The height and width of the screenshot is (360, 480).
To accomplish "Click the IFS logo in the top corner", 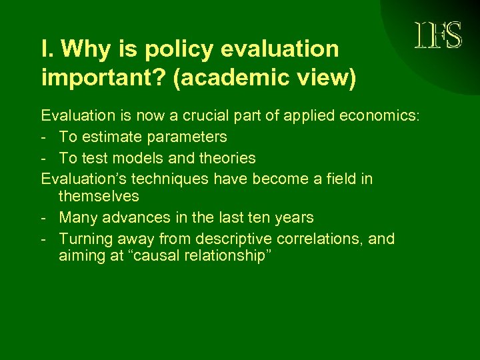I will tap(437, 35).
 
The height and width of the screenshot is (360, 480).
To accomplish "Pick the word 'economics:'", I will tap(381, 115).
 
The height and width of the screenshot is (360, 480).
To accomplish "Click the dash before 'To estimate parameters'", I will tap(44, 137).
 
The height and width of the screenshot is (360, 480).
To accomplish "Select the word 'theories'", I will tap(224, 158).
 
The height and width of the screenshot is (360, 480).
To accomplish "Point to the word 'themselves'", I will tap(99, 196).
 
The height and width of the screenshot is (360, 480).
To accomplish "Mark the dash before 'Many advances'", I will tap(44, 218).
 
